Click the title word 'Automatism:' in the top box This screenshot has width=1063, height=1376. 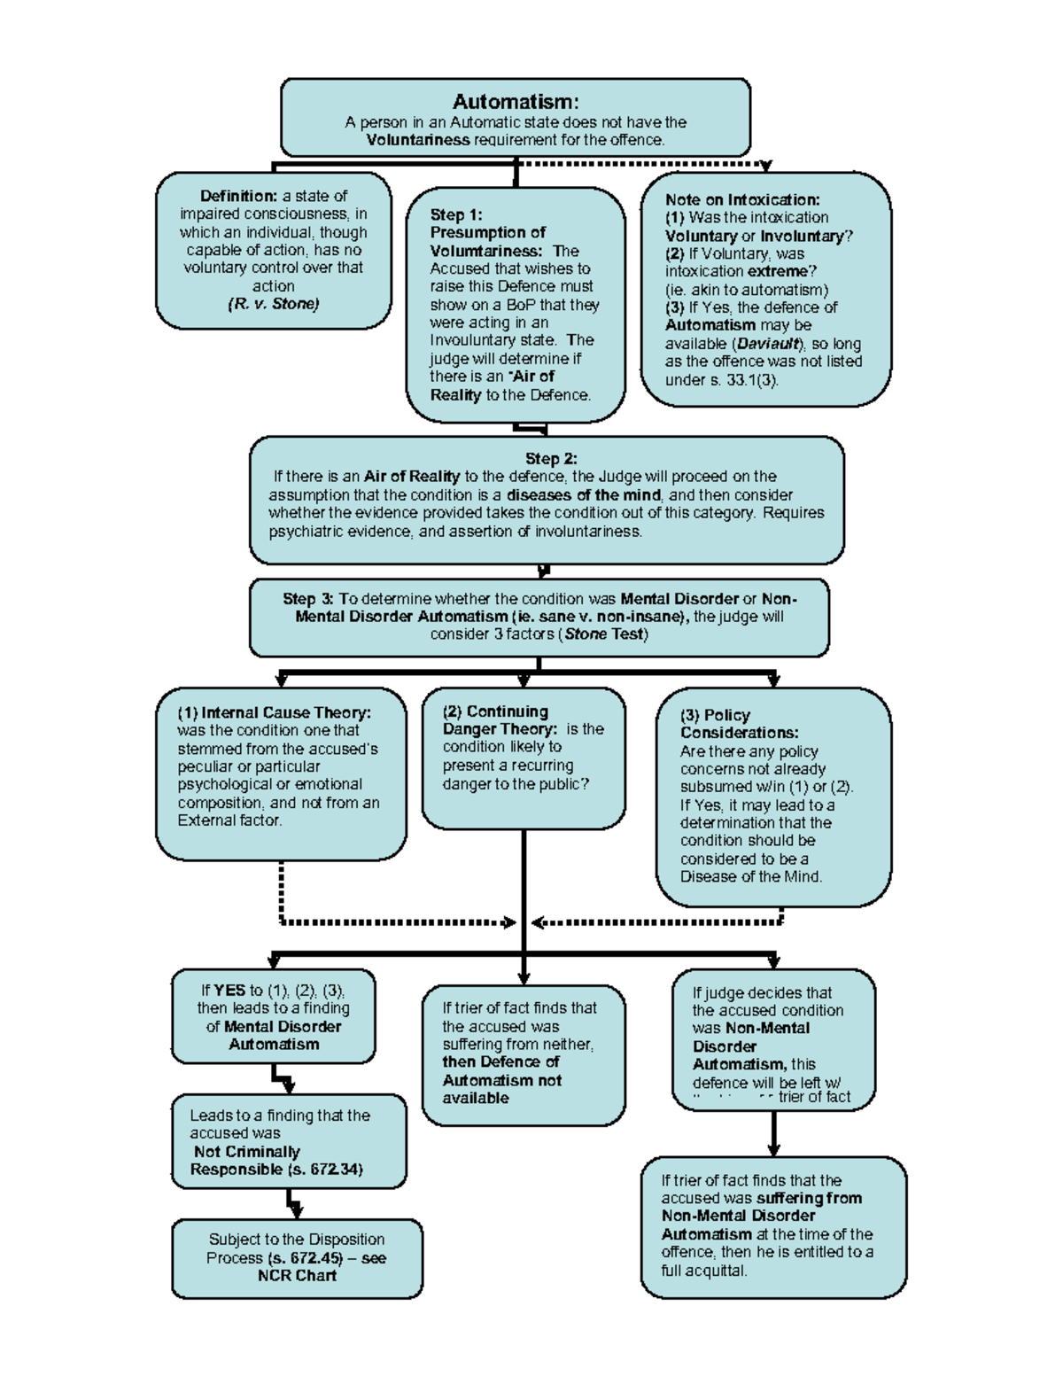516,102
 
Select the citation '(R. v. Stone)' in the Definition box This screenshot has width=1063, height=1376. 274,304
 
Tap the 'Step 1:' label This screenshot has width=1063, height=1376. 456,214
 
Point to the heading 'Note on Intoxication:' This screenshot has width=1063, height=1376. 742,199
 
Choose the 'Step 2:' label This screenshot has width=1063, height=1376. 551,458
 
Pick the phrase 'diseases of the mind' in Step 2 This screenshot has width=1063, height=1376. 584,495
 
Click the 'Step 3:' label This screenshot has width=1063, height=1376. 308,599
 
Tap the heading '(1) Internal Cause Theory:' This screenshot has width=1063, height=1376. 274,712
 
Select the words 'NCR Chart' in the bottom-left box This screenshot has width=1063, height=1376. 297,1276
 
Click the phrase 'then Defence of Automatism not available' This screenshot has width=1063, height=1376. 501,1080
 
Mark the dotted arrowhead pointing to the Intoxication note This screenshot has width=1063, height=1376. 766,167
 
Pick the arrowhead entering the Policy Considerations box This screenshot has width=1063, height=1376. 773,680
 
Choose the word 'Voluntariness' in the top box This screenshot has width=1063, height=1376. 418,140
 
